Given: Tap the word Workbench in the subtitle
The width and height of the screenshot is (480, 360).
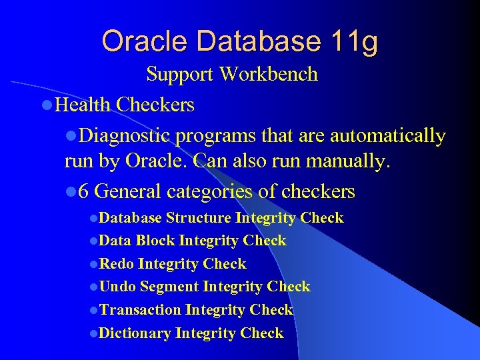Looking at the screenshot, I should click(270, 74).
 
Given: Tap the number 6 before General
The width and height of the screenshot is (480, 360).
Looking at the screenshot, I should click(83, 192).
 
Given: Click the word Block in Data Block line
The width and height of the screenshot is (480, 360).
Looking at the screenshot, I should click(155, 241).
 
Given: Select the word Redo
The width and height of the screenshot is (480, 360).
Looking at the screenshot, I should click(117, 264).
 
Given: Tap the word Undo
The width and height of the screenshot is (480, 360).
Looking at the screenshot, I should click(117, 287).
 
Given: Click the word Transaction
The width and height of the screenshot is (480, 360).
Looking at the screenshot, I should click(140, 310).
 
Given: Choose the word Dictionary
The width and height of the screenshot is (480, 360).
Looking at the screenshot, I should click(135, 333).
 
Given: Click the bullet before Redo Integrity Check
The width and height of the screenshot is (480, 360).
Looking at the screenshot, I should click(93, 265).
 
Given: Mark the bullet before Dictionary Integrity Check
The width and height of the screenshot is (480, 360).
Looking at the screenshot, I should click(93, 334).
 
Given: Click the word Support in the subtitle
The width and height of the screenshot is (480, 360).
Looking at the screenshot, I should click(179, 74).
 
